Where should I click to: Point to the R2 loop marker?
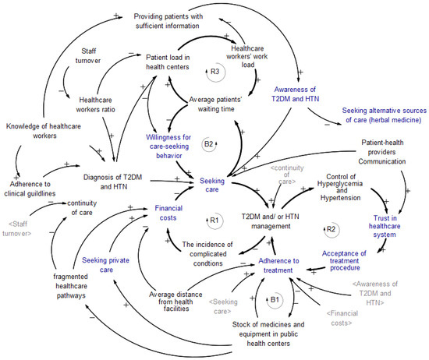coord(331,229)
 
